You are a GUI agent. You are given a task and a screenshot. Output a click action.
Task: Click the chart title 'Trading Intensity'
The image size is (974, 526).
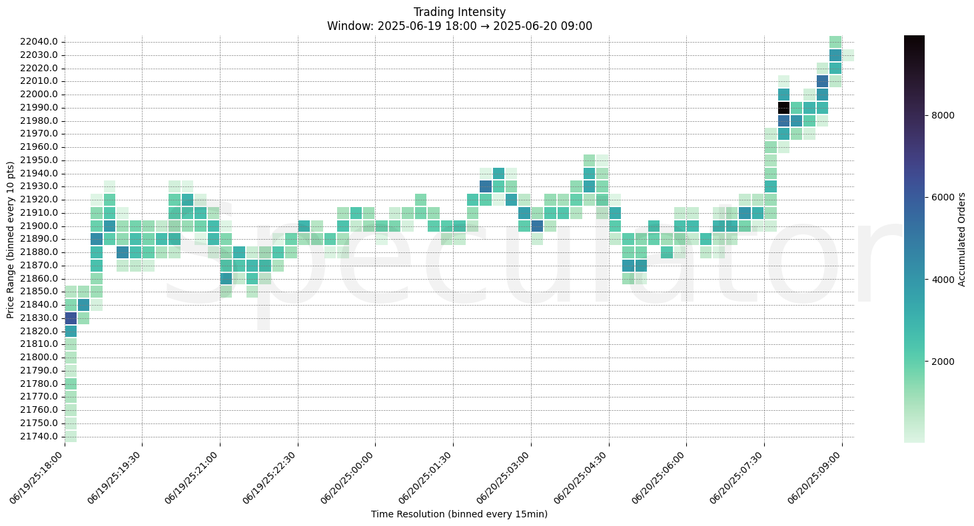point(459,12)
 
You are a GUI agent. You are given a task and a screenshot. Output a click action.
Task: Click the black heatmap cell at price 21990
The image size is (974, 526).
point(783,108)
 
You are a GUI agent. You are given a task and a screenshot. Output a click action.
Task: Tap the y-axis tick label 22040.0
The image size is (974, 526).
point(40,42)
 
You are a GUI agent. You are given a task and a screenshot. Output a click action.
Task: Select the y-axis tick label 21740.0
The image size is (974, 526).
point(40,436)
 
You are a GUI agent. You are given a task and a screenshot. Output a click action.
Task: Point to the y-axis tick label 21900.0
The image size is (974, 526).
point(40,226)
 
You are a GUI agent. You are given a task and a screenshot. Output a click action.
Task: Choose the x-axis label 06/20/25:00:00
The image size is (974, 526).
point(348,479)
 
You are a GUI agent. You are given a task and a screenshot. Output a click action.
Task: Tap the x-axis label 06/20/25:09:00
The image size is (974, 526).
point(815,479)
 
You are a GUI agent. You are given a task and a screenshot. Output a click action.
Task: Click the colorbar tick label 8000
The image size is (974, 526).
point(943,115)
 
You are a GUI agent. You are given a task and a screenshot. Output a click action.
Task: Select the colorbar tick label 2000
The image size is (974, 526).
point(943,362)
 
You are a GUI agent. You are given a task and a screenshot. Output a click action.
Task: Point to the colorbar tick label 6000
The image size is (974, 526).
point(943,197)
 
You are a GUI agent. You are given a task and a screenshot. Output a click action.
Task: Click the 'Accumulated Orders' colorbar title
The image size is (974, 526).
point(961,239)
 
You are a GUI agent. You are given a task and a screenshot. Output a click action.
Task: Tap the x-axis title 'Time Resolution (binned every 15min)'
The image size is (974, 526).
point(459,514)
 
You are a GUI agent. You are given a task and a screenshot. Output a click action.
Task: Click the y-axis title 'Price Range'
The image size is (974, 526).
point(11,239)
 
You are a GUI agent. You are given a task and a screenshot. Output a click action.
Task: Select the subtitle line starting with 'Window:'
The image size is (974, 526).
point(459,26)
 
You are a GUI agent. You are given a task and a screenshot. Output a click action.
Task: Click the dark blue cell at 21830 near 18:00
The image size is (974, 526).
point(71,318)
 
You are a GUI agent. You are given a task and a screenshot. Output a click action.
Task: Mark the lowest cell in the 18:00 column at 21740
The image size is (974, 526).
point(71,436)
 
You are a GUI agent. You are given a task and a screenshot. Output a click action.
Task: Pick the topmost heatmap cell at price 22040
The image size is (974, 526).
point(835,42)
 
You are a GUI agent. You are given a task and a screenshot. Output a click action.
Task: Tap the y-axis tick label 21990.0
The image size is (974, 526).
point(40,108)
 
